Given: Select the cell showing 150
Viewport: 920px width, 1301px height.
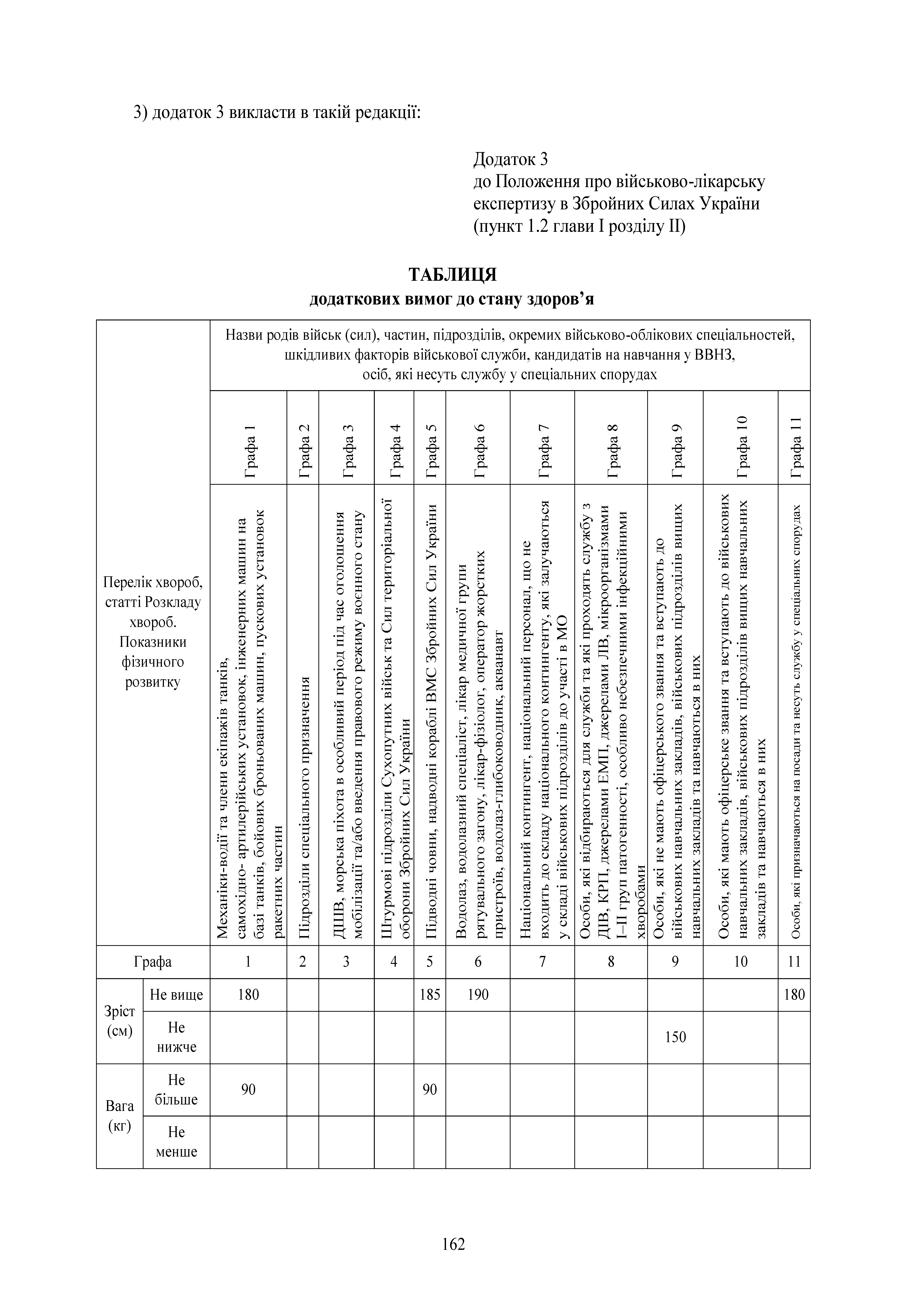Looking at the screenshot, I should pos(675,1037).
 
